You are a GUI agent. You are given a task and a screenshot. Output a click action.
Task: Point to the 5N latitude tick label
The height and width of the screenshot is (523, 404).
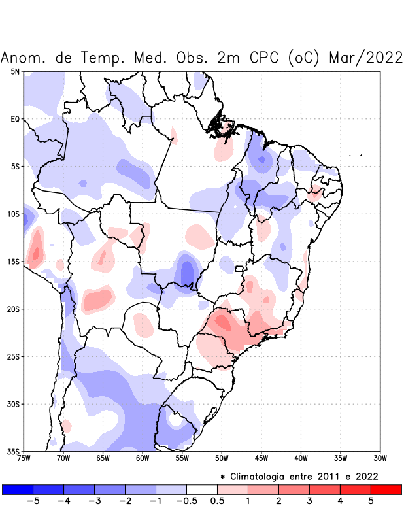(15, 71)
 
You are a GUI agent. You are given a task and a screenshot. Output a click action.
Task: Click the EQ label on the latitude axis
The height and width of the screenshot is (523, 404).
(15, 119)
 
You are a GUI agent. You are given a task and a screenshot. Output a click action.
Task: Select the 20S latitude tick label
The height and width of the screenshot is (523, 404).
(14, 309)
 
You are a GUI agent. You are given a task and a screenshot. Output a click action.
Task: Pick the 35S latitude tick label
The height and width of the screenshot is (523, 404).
(14, 451)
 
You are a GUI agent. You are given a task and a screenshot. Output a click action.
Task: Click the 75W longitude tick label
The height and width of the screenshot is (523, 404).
(24, 458)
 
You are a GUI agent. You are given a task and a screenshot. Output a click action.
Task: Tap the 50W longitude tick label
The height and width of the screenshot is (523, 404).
(222, 458)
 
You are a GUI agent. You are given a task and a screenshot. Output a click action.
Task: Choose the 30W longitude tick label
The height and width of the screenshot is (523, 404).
(380, 458)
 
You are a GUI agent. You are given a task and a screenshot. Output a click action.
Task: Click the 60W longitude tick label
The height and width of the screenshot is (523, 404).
(143, 458)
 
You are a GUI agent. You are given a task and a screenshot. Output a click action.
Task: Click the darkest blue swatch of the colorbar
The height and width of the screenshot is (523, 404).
(18, 490)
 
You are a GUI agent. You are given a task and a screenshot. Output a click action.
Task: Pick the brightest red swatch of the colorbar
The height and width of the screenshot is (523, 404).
(386, 490)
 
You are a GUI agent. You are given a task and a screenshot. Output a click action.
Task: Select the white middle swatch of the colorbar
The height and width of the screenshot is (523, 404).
(202, 490)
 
